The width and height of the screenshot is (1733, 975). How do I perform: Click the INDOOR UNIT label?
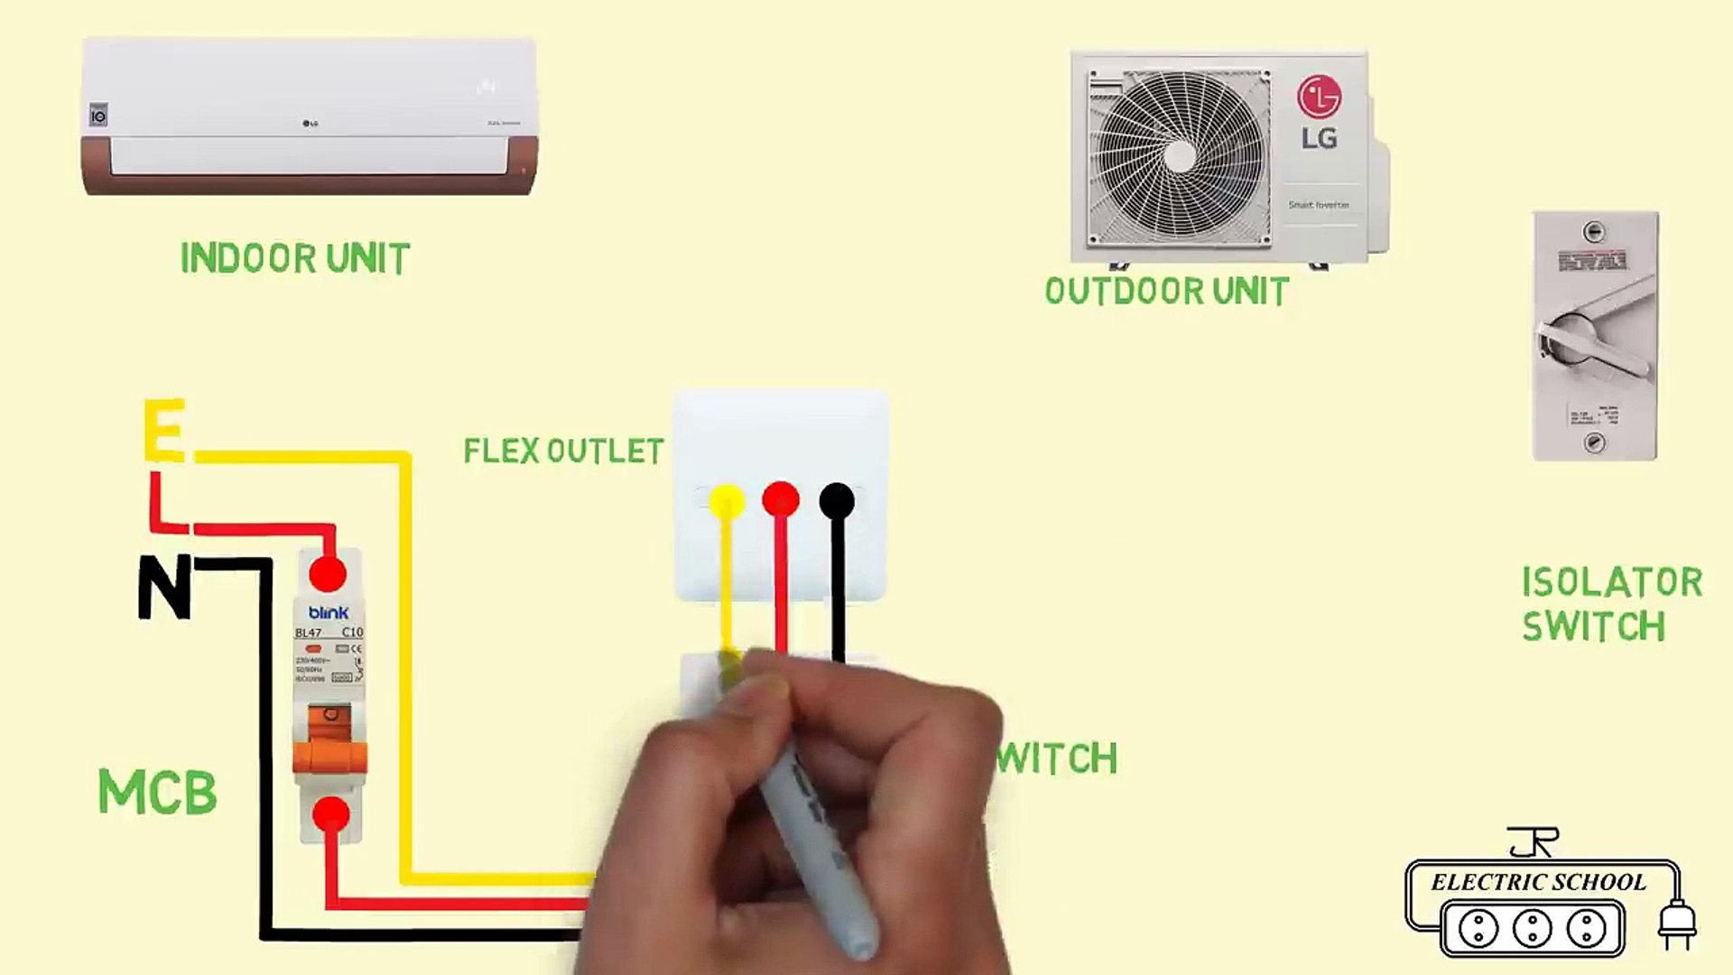tap(295, 259)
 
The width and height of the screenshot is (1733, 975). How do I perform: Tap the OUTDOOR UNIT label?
tap(1166, 292)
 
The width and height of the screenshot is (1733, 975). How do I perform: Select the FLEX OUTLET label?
tap(563, 450)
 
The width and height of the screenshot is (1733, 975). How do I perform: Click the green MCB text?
tap(157, 792)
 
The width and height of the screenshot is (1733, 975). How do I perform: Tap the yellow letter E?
tap(164, 431)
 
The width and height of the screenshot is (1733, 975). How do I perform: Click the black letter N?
tap(164, 586)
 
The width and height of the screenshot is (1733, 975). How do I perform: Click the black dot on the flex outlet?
tap(837, 501)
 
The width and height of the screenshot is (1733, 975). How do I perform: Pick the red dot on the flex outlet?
tap(781, 499)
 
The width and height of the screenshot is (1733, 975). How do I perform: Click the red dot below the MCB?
tap(331, 814)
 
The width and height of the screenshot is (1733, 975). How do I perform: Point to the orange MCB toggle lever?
tap(329, 740)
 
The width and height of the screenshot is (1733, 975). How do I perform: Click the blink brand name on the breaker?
tap(329, 612)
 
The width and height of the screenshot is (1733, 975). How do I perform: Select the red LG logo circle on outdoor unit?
tap(1319, 97)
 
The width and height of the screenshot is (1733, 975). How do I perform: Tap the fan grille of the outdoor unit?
tap(1179, 157)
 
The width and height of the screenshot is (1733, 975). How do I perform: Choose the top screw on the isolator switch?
tap(1595, 232)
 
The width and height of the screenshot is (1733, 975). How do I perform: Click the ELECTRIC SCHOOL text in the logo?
tap(1538, 882)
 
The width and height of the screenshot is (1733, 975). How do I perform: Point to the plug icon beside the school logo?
tap(1677, 923)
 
